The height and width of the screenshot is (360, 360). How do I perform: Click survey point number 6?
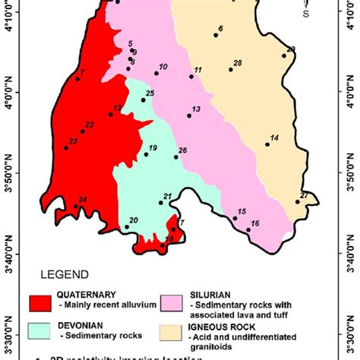click(x=216, y=35)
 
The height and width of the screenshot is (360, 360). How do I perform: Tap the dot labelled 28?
click(x=231, y=70)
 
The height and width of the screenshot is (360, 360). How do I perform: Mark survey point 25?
click(x=143, y=99)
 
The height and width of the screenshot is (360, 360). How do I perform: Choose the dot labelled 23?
click(x=66, y=147)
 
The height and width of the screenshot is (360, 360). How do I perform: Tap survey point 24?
click(x=75, y=206)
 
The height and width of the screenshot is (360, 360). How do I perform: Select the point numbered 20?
click(x=126, y=226)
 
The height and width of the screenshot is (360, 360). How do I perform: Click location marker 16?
click(x=248, y=229)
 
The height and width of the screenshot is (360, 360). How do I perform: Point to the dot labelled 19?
click(x=146, y=154)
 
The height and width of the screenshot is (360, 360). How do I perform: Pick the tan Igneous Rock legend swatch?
click(x=182, y=331)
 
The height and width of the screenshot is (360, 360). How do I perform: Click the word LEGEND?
click(x=66, y=274)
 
